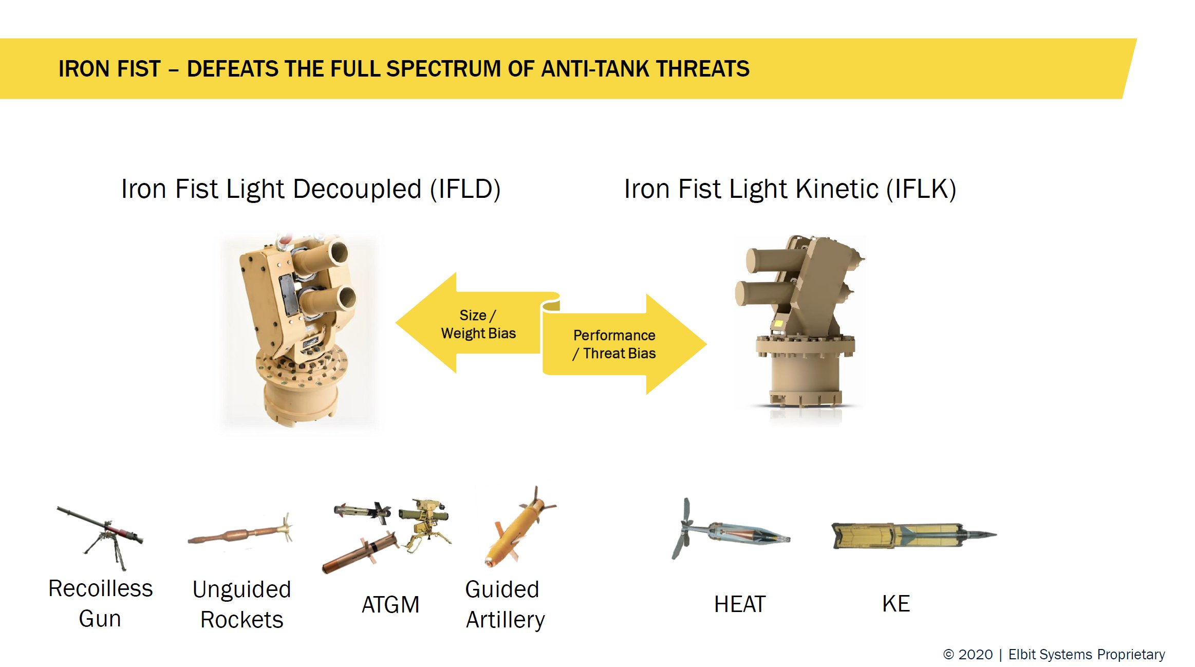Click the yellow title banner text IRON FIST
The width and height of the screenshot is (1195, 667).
(x=109, y=69)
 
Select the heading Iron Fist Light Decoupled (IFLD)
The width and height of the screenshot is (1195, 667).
(x=311, y=189)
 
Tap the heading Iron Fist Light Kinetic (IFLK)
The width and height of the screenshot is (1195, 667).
(x=790, y=189)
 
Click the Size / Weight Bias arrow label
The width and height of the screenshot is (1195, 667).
(x=478, y=324)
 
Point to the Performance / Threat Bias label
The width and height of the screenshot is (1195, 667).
(x=614, y=344)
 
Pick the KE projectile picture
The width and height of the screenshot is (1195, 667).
(x=913, y=536)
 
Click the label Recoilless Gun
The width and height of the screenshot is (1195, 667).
(x=100, y=603)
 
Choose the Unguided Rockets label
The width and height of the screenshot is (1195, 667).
(x=241, y=604)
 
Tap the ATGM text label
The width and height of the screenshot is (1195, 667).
(x=390, y=604)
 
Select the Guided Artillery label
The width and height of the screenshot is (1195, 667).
(x=505, y=604)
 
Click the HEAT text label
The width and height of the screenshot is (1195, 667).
(x=740, y=604)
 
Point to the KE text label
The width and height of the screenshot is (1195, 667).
(x=896, y=603)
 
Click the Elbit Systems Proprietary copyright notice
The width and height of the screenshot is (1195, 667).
(x=1054, y=654)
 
